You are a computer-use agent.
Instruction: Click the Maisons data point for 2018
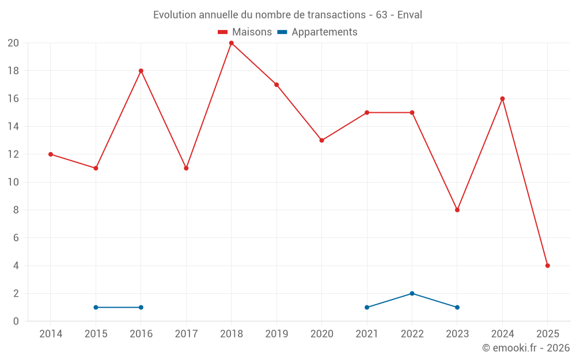pyautogui.click(x=231, y=43)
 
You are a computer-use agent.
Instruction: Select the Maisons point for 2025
pyautogui.click(x=547, y=266)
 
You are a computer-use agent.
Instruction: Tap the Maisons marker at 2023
pyautogui.click(x=457, y=210)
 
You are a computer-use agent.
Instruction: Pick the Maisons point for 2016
pyautogui.click(x=141, y=71)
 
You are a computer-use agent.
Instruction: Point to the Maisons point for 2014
pyautogui.click(x=51, y=154)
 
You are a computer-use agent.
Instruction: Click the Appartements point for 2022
pyautogui.click(x=412, y=293)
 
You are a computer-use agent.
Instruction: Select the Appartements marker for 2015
pyautogui.click(x=96, y=307)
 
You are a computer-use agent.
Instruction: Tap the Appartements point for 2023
pyautogui.click(x=457, y=307)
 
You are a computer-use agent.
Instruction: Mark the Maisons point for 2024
pyautogui.click(x=502, y=98)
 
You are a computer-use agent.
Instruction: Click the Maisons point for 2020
pyautogui.click(x=321, y=140)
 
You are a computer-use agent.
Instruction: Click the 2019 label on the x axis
pyautogui.click(x=276, y=334)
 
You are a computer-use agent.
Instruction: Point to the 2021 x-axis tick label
pyautogui.click(x=367, y=334)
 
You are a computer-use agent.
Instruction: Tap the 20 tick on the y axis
pyautogui.click(x=13, y=43)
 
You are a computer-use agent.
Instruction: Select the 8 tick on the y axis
pyautogui.click(x=16, y=210)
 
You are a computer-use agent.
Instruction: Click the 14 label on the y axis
pyautogui.click(x=13, y=127)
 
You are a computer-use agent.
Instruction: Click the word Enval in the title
pyautogui.click(x=410, y=15)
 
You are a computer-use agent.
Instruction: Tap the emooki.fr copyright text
pyautogui.click(x=526, y=348)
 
